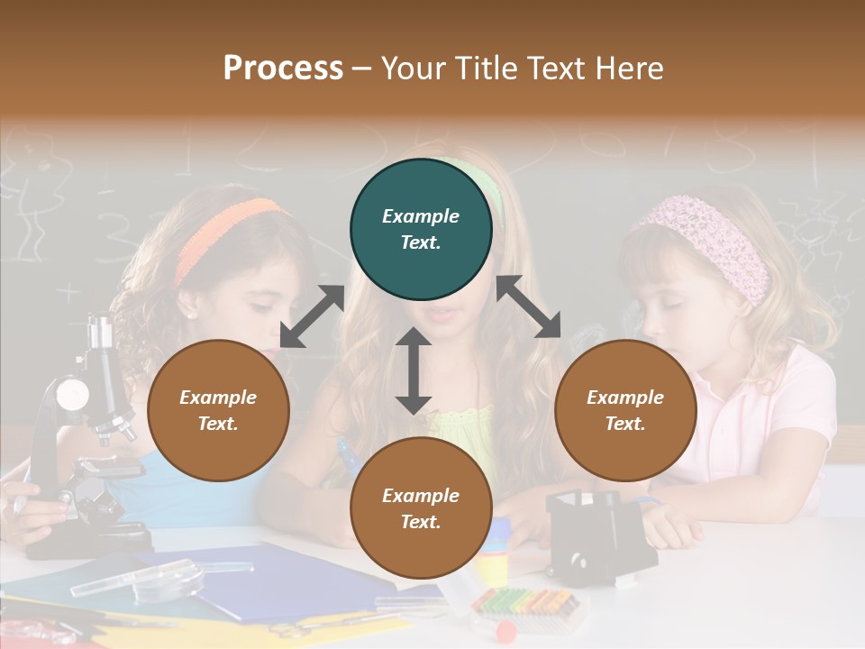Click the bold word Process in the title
tap(283, 69)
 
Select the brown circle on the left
tap(218, 410)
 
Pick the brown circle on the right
tap(625, 410)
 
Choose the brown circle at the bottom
tap(421, 507)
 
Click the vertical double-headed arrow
tap(414, 370)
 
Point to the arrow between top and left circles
tap(312, 316)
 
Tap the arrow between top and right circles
tap(529, 306)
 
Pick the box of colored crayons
tap(524, 599)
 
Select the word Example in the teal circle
tap(421, 216)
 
